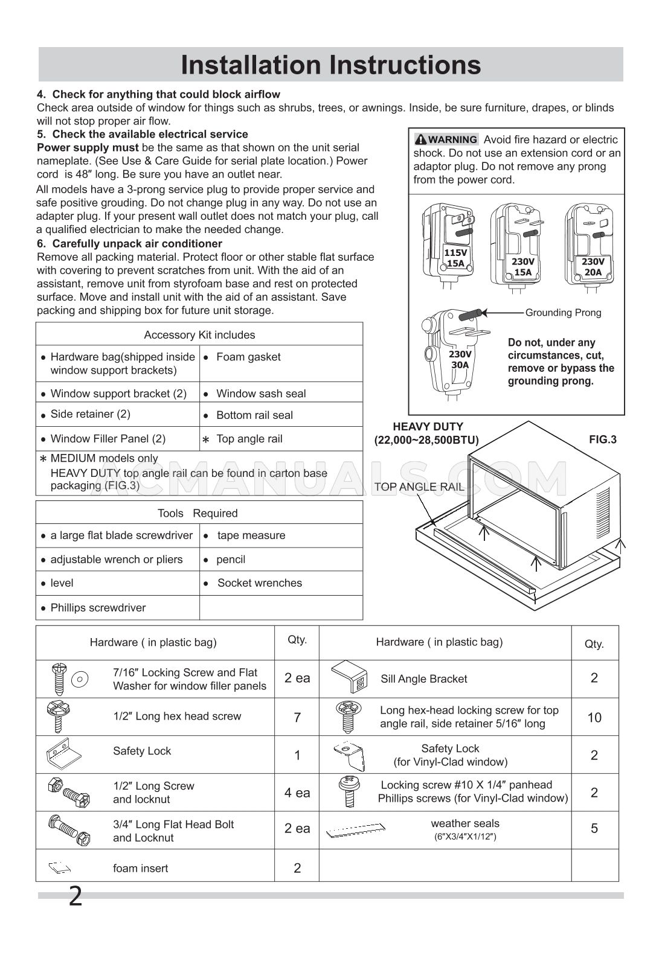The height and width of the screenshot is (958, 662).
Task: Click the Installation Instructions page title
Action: tap(330, 65)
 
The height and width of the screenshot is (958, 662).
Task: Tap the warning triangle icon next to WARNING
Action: tap(420, 139)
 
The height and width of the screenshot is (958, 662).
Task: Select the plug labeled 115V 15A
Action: tap(449, 245)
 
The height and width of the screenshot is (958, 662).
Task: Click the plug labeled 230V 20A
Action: tap(589, 245)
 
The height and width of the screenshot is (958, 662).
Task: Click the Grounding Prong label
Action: tap(563, 313)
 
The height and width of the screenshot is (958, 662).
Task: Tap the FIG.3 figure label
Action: tap(602, 439)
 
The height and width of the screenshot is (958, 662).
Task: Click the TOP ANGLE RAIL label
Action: tap(419, 487)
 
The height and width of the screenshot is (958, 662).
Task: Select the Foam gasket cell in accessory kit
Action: tap(248, 357)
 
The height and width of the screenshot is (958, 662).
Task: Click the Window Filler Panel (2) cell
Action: tap(108, 439)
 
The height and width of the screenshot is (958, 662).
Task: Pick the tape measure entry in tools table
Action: tap(251, 535)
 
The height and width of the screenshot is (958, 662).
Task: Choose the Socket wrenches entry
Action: tap(259, 583)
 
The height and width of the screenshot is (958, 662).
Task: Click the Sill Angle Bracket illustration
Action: tap(350, 677)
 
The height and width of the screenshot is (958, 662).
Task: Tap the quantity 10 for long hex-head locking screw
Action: tap(594, 717)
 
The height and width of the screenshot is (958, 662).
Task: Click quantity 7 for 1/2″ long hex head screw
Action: tap(297, 717)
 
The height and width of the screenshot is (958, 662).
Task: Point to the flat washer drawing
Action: tap(79, 679)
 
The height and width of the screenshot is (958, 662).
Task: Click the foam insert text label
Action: tap(140, 868)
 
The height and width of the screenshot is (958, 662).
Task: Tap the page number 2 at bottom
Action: tap(75, 896)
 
